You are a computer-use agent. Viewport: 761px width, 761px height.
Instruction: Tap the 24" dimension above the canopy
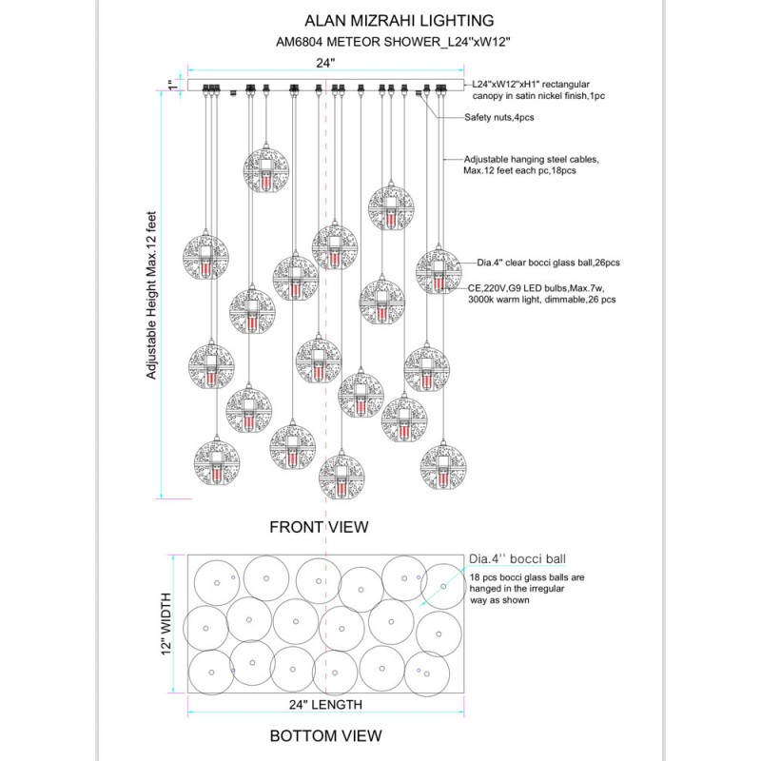(x=326, y=62)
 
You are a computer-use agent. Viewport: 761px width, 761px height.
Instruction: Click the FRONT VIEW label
(x=319, y=526)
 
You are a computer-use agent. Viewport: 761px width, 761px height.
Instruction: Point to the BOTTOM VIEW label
(x=325, y=735)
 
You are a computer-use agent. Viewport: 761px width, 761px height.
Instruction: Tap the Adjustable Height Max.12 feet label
(x=151, y=296)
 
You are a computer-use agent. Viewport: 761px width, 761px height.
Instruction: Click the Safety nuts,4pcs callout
(x=499, y=117)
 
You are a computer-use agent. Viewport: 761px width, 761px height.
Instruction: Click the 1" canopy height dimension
(x=172, y=84)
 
